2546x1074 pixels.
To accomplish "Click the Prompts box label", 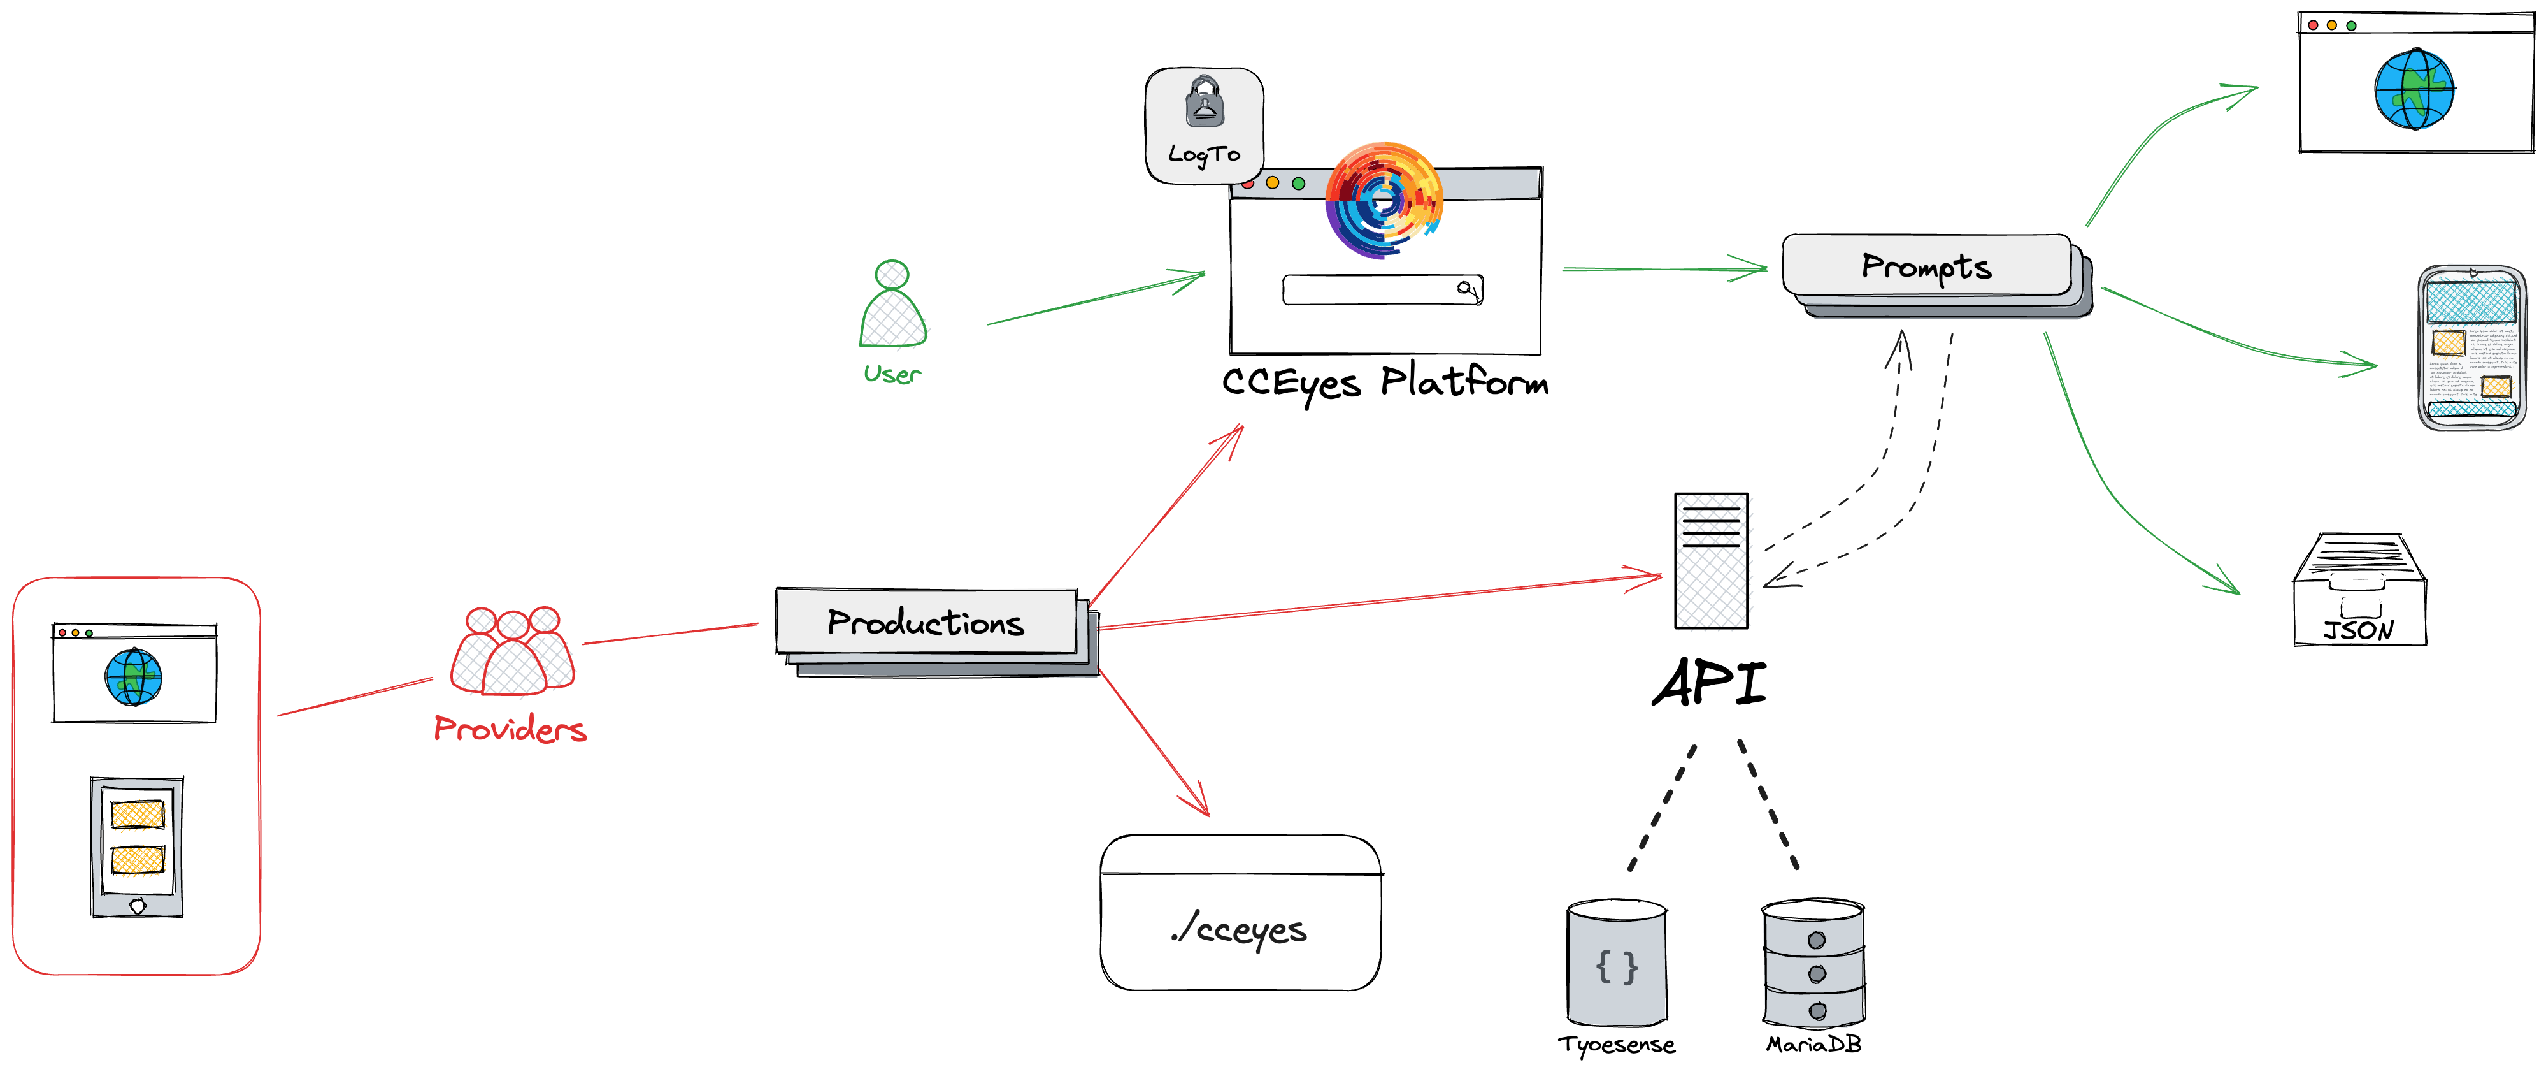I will [1926, 267].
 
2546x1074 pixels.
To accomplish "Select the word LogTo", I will [1204, 154].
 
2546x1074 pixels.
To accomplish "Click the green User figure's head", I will [892, 274].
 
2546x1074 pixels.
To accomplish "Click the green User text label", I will [892, 374].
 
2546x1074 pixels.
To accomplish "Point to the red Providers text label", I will [510, 730].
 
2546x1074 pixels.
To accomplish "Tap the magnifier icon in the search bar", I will [1468, 289].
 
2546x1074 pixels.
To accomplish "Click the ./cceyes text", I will [1240, 929].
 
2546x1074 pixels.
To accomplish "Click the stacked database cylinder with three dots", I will [1813, 964].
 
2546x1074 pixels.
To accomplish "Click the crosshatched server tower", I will [1714, 562].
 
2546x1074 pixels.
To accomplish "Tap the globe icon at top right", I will [2415, 90].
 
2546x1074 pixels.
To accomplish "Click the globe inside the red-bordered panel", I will [133, 678].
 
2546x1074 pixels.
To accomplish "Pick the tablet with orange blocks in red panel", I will [136, 846].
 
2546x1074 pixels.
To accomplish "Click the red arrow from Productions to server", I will [1384, 602].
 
